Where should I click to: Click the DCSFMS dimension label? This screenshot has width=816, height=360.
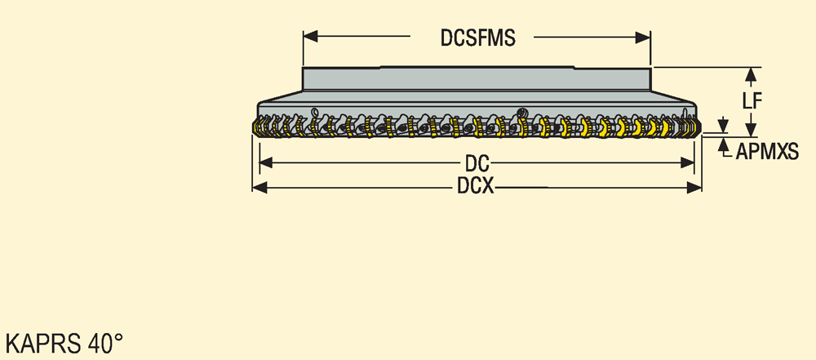coord(477,38)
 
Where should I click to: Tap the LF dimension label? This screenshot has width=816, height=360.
coord(752,101)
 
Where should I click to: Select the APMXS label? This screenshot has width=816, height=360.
coord(767,152)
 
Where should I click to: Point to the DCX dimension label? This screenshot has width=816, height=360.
coord(476,186)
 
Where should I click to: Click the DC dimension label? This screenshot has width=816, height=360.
coord(477,164)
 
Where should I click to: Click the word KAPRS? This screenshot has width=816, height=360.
coord(42,344)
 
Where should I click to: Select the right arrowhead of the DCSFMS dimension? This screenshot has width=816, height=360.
coord(643,37)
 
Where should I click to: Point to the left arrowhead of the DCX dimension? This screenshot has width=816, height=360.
coord(259,188)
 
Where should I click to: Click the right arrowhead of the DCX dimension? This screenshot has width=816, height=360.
coord(694,188)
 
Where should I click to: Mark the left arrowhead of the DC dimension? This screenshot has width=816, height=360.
coord(266,163)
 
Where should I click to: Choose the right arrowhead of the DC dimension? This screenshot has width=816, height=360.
coord(687,163)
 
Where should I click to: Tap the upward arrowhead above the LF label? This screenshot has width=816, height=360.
coord(751,76)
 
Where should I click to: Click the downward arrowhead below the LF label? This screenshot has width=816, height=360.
coord(751,127)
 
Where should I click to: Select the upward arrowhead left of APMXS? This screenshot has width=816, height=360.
coord(722,145)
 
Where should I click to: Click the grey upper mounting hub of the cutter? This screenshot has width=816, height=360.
coord(477,78)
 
